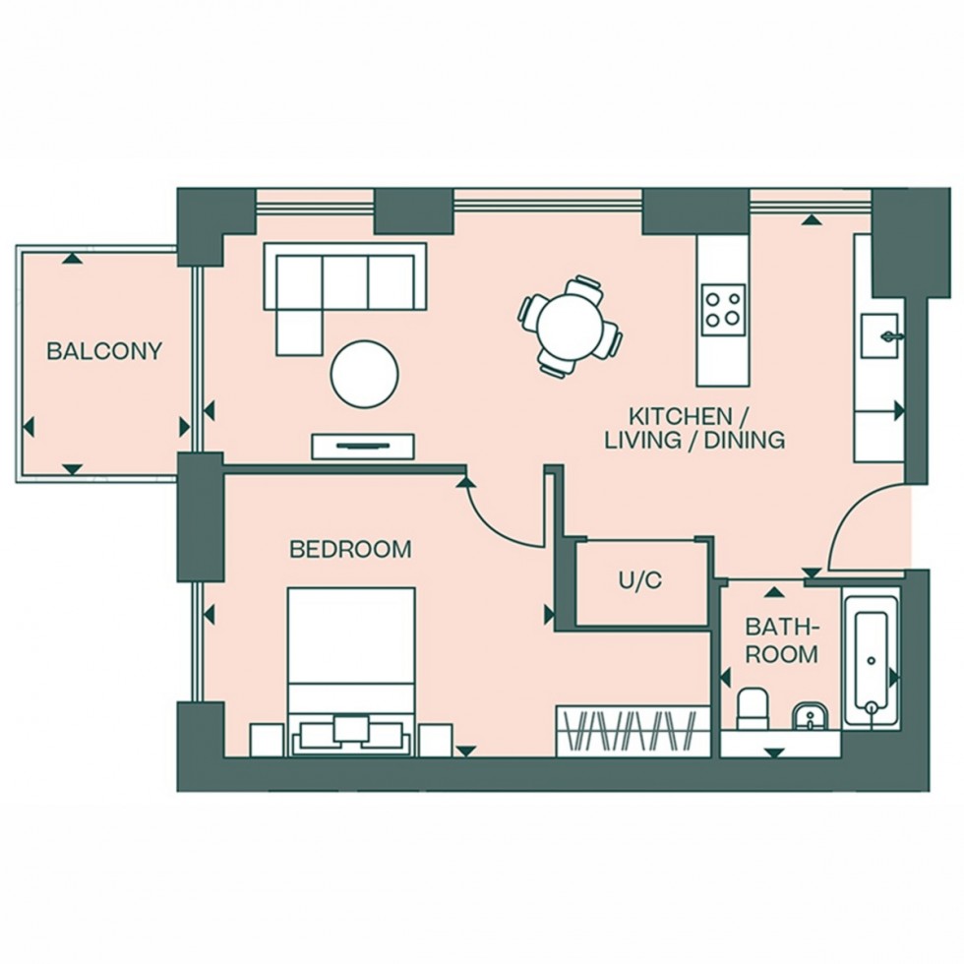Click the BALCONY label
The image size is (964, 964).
click(104, 351)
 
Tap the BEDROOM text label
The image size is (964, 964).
click(350, 549)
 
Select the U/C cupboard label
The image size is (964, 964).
click(639, 580)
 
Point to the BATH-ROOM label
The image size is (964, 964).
click(781, 639)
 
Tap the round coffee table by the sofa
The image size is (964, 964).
click(365, 373)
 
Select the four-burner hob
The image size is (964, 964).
click(723, 306)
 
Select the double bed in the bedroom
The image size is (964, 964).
click(351, 669)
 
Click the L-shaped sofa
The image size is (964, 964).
click(334, 290)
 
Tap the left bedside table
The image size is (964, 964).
click(268, 740)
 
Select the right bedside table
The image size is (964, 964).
click(435, 740)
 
